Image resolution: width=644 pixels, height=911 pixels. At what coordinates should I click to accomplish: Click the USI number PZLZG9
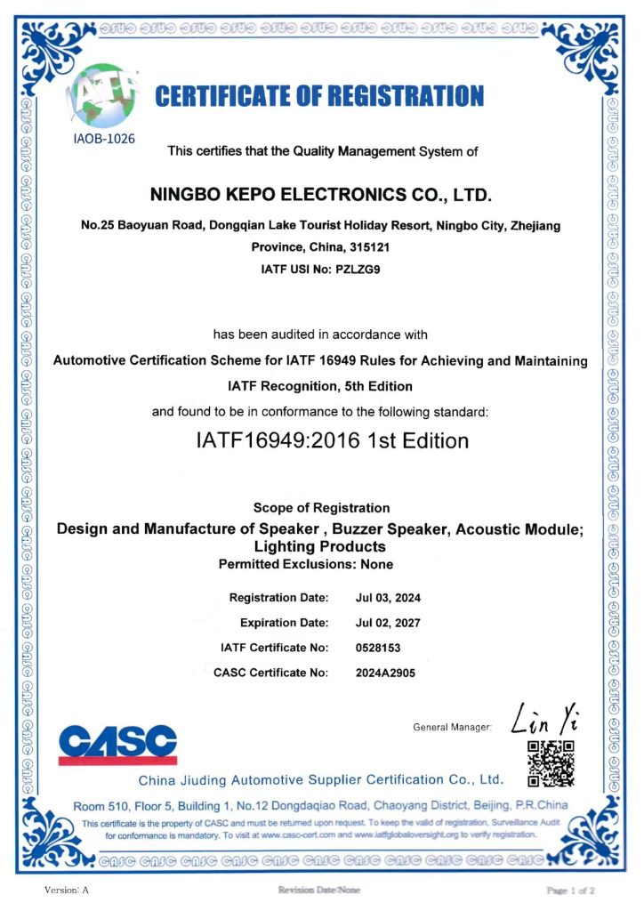click(x=362, y=267)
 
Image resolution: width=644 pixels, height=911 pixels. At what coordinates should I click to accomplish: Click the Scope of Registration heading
click(x=321, y=508)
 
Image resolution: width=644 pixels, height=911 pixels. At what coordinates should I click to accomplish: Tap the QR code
click(x=551, y=763)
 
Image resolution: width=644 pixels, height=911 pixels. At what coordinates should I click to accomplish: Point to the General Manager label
click(x=453, y=728)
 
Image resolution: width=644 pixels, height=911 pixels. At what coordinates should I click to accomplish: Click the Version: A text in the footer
click(x=67, y=890)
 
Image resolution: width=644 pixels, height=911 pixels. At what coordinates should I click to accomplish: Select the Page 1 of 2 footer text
click(x=570, y=890)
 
